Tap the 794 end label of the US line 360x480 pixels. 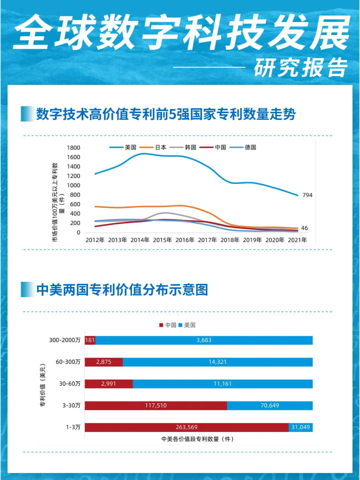[x=307, y=195]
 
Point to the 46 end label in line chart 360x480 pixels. [x=304, y=228]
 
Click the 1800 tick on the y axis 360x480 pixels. [x=73, y=148]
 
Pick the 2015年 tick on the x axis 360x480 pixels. [x=162, y=240]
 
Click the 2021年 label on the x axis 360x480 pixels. [x=297, y=240]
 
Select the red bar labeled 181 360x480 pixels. [x=90, y=340]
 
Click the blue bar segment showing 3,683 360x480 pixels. [x=204, y=340]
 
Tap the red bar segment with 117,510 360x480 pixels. [x=156, y=406]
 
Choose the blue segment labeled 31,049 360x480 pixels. [x=300, y=427]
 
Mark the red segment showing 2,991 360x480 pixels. [x=109, y=384]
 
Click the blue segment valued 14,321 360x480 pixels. [x=217, y=362]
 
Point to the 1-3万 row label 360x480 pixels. [x=73, y=427]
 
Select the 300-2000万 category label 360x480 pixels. [x=65, y=340]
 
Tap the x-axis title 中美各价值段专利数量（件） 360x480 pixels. [x=197, y=439]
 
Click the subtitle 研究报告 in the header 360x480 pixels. [x=301, y=68]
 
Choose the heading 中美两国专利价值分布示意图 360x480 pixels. [x=122, y=290]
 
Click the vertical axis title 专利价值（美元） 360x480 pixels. [x=43, y=385]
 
